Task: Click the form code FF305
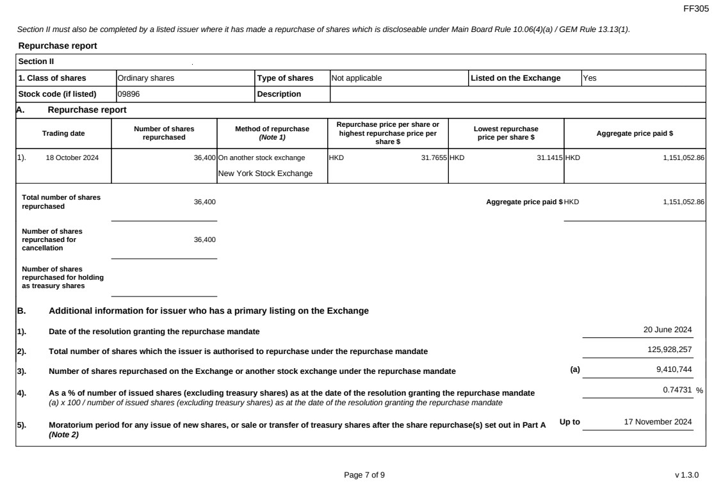coord(697,8)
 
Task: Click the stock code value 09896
coord(128,94)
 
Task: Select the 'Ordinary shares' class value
coord(146,78)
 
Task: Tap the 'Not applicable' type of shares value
coord(357,78)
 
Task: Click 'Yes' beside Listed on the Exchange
coord(589,78)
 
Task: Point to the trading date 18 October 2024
coord(72,157)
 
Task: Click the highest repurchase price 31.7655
coord(434,157)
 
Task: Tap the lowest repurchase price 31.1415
coord(549,157)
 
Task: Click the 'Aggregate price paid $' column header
coord(634,133)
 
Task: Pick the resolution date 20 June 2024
coord(667,330)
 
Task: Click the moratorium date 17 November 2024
coord(658,422)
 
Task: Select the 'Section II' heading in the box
coord(37,61)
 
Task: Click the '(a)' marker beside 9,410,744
coord(575,370)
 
